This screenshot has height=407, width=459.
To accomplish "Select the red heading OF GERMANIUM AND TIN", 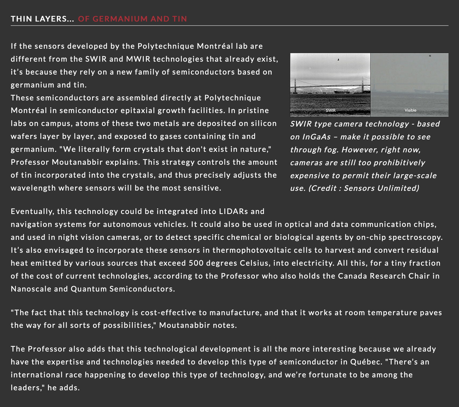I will pos(132,19).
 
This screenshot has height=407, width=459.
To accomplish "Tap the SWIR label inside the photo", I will pos(330,110).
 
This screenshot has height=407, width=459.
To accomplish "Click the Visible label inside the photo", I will pos(410,110).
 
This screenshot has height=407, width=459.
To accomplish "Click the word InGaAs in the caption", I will pos(316,137).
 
